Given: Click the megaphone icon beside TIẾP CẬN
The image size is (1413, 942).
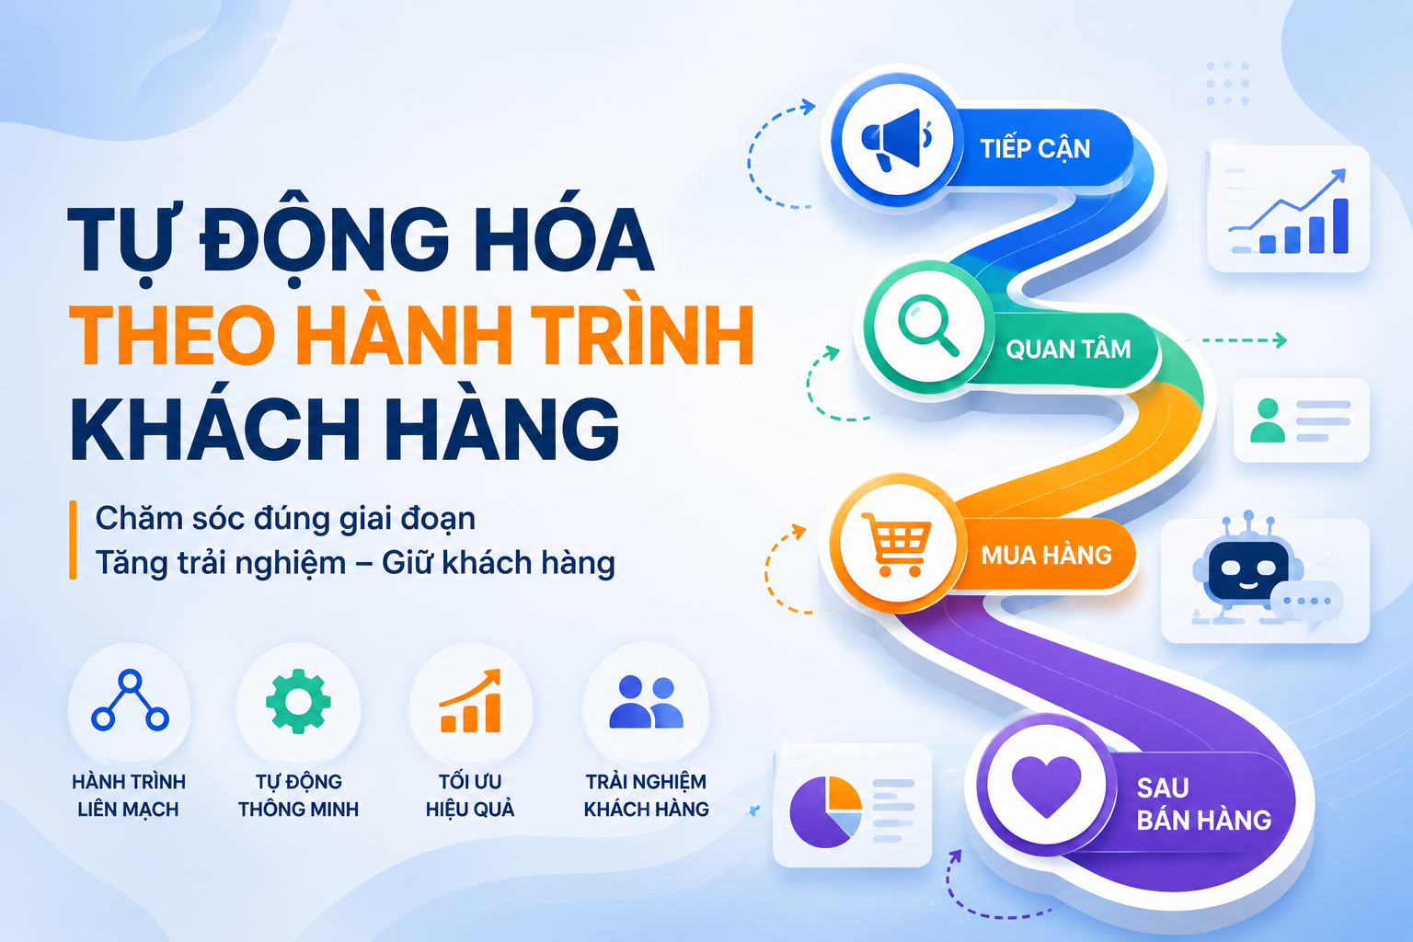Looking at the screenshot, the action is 896,140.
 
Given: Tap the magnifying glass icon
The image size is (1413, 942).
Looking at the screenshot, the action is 927,326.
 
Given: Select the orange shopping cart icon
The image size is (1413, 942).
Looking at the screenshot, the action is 896,544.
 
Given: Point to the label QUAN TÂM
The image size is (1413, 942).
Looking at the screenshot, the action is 1068,349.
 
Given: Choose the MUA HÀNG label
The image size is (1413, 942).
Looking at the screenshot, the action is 1047,555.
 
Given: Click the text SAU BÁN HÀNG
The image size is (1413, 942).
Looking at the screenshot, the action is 1203,804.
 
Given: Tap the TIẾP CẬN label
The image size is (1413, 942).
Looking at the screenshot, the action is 1035,148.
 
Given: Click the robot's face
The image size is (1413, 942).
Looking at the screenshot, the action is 1247,569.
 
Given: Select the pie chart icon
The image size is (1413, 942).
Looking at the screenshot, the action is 825,810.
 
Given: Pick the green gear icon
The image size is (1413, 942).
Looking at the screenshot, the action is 298,701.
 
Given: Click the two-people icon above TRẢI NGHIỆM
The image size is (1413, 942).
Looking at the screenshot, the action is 646,702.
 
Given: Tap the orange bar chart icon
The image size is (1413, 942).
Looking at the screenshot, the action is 471,701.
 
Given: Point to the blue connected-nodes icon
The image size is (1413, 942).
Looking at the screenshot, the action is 130,700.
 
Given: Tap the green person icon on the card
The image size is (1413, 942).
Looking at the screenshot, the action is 1268,420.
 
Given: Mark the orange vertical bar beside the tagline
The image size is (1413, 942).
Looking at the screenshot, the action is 74,539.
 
